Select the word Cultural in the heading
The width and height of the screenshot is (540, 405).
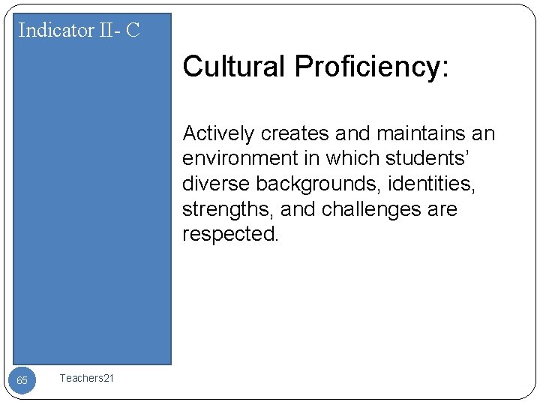pyautogui.click(x=234, y=67)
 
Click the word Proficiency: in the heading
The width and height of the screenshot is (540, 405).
pyautogui.click(x=372, y=67)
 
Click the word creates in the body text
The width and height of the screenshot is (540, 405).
pyautogui.click(x=295, y=133)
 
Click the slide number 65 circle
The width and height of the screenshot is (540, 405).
pyautogui.click(x=22, y=380)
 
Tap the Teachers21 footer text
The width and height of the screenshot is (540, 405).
pyautogui.click(x=87, y=378)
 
